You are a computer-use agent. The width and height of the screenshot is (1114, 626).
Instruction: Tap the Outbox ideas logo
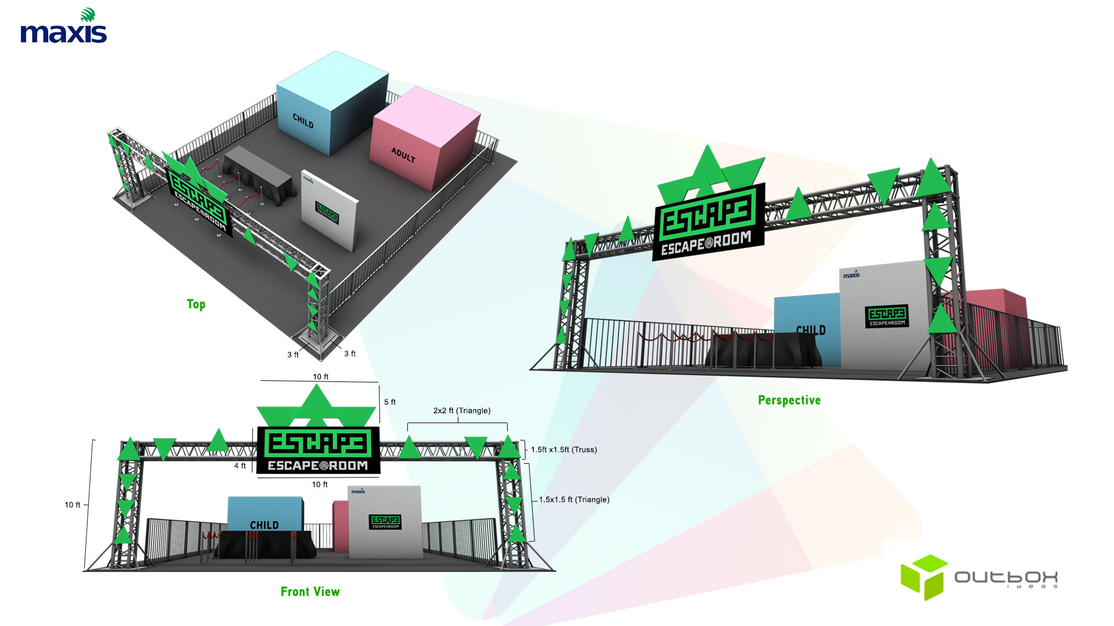tap(979, 577)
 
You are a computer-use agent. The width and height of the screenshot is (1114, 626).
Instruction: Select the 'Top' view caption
tap(196, 304)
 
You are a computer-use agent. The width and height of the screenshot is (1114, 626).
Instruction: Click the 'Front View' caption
tap(310, 592)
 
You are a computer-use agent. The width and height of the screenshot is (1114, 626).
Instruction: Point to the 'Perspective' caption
tap(789, 401)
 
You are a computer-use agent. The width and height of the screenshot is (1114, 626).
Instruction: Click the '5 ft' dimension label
tap(390, 402)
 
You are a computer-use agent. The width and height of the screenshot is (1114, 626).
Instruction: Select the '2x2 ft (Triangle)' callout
tap(462, 410)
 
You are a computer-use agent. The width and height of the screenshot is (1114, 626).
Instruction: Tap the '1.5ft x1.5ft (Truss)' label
tap(564, 450)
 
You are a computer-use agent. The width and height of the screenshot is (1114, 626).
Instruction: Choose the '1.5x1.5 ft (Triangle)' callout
tap(574, 500)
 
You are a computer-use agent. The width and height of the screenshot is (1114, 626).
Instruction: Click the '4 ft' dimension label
tap(240, 465)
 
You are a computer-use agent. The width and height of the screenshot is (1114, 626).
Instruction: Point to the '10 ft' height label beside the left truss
tap(73, 505)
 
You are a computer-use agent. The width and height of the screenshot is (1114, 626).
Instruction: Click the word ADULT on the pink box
tap(403, 155)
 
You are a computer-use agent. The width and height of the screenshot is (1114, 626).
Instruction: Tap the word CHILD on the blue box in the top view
tap(303, 121)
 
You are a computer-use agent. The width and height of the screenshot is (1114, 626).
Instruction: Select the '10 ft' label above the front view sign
tap(321, 377)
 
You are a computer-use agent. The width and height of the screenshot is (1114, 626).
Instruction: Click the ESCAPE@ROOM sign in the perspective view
tap(708, 223)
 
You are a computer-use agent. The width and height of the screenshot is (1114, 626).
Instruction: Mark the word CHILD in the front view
tap(264, 525)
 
